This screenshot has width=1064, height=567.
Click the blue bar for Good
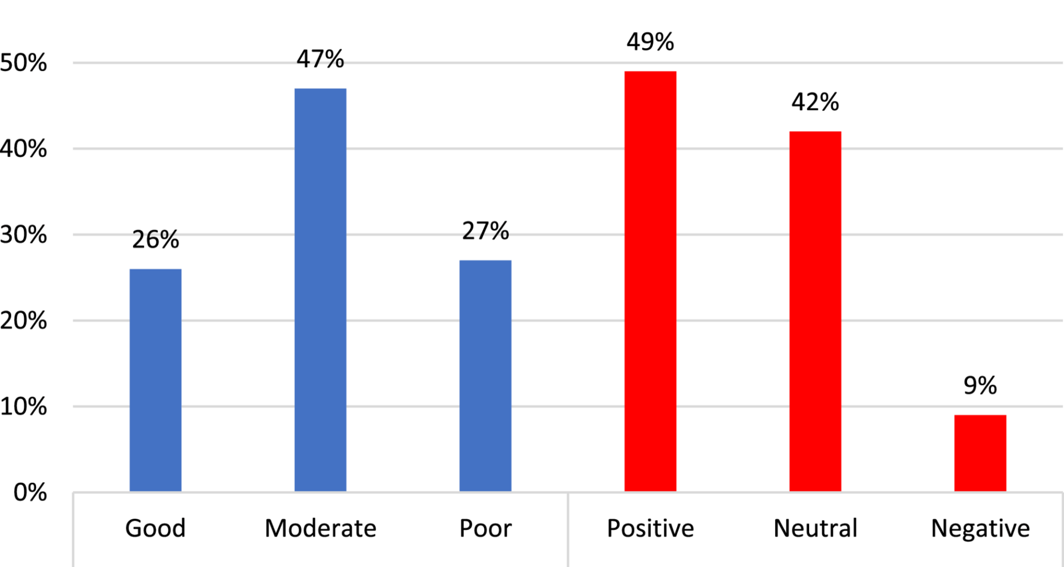(155, 380)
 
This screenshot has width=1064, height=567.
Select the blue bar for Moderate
(320, 290)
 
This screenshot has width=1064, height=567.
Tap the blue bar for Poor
(485, 375)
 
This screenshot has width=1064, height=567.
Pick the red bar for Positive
(650, 281)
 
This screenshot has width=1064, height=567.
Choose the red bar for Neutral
(815, 311)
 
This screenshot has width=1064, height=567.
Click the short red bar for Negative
(980, 453)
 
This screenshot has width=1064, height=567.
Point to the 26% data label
(155, 240)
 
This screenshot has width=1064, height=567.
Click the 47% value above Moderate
(320, 59)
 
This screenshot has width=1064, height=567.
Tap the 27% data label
(485, 231)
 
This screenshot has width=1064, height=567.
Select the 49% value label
(650, 42)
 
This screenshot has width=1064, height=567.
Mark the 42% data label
(815, 102)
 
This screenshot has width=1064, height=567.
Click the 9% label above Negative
(980, 386)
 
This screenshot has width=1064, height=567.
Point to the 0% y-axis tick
(30, 492)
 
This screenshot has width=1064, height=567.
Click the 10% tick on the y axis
(23, 407)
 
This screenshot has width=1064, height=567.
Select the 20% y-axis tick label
(23, 321)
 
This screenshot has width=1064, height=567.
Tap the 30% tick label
(23, 235)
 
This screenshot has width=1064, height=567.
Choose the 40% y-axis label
(23, 149)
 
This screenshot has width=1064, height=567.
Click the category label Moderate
(320, 528)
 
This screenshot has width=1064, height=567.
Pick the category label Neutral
(815, 528)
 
